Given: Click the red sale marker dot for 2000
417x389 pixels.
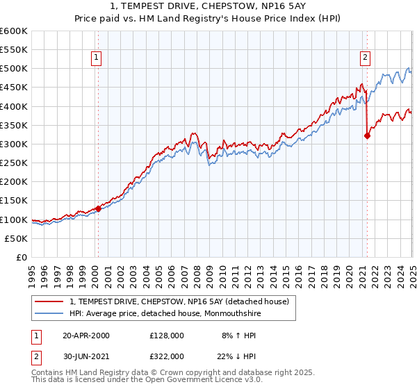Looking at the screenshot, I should pyautogui.click(x=98, y=208).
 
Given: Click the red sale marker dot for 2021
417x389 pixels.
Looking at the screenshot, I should pyautogui.click(x=367, y=136).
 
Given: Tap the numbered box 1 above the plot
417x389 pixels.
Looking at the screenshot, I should pyautogui.click(x=96, y=58).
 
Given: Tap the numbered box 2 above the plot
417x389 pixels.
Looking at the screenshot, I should pyautogui.click(x=365, y=58).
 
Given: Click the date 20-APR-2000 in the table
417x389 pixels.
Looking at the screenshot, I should pyautogui.click(x=86, y=336).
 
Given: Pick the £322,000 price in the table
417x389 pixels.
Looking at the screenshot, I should pyautogui.click(x=167, y=356).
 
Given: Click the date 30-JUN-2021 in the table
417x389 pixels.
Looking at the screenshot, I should pyautogui.click(x=86, y=356).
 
